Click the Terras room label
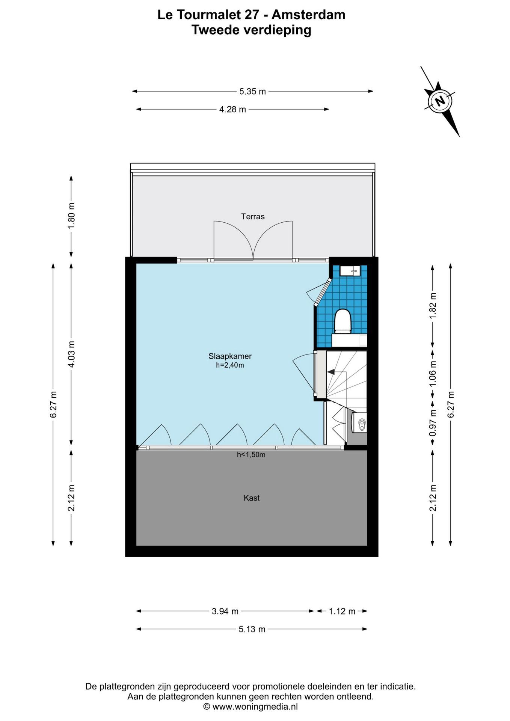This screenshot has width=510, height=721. click(253, 217)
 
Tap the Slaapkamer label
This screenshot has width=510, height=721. click(230, 356)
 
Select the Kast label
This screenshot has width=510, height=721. click(252, 498)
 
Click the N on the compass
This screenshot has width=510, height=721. click(440, 101)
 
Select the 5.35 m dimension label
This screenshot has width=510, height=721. click(253, 91)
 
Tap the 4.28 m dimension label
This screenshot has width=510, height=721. click(232, 109)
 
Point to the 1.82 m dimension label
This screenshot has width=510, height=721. click(433, 305)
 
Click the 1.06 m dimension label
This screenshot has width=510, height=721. click(433, 374)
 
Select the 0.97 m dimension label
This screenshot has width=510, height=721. click(433, 422)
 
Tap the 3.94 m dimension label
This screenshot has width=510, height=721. click(225, 611)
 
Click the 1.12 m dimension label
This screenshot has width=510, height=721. click(342, 611)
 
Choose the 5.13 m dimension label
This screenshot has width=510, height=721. click(252, 629)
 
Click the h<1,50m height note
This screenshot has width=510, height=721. click(251, 455)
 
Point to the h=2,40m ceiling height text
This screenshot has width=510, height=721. click(230, 365)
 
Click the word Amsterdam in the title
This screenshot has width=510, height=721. click(308, 15)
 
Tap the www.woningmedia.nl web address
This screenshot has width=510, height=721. click(255, 707)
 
